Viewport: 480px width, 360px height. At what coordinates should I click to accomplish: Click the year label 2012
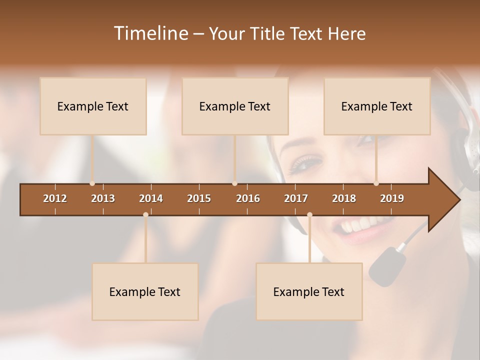(x=55, y=198)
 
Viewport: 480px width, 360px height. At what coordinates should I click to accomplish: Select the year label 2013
(x=103, y=198)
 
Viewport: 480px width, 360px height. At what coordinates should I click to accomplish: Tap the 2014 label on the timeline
(x=151, y=198)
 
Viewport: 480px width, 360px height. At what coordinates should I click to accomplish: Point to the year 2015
(x=199, y=198)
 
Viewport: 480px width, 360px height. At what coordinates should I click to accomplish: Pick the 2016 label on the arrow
(x=248, y=198)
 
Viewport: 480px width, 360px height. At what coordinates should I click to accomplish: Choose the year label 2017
(x=296, y=198)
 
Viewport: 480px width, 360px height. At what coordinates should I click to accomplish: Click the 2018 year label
(x=344, y=198)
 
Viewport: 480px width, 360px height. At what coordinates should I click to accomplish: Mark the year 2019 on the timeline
(x=392, y=198)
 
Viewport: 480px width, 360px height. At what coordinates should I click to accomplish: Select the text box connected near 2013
(x=93, y=106)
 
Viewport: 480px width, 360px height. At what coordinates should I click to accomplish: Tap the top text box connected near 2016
(x=235, y=106)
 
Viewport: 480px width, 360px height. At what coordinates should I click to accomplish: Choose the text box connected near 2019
(x=377, y=106)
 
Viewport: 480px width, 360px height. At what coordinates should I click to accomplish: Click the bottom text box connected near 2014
(x=145, y=291)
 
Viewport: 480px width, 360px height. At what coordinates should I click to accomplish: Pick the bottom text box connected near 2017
(x=309, y=291)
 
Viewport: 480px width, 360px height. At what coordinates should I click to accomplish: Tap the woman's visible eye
(x=301, y=164)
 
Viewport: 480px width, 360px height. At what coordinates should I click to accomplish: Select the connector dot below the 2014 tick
(x=145, y=215)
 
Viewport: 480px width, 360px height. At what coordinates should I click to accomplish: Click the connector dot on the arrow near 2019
(x=376, y=183)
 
